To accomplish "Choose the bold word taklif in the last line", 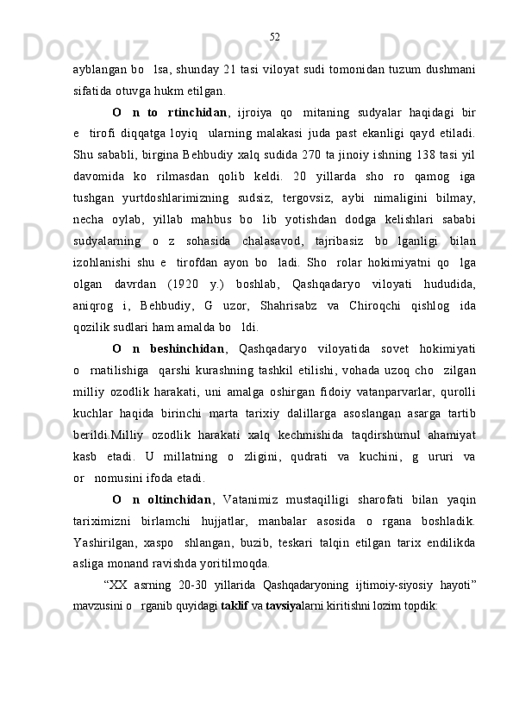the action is click(235, 606).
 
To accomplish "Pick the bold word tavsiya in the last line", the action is click(280, 606).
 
